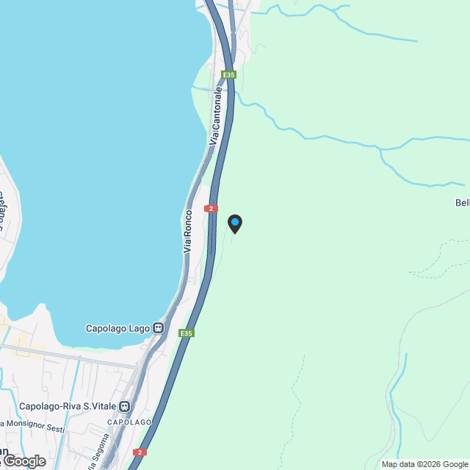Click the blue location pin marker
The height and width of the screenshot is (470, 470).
(234, 223)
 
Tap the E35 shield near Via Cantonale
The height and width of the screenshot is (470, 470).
(230, 75)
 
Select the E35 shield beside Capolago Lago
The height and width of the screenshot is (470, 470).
(187, 333)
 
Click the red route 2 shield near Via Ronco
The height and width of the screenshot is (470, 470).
(211, 209)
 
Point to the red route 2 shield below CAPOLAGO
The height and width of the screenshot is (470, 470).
(140, 452)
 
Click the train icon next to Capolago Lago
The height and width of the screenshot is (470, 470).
(158, 328)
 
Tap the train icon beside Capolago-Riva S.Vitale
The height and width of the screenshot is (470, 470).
(125, 406)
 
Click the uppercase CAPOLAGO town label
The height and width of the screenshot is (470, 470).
(129, 422)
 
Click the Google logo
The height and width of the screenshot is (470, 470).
(24, 460)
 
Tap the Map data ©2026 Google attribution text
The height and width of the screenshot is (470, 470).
(424, 464)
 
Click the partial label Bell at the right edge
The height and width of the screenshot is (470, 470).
(462, 203)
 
